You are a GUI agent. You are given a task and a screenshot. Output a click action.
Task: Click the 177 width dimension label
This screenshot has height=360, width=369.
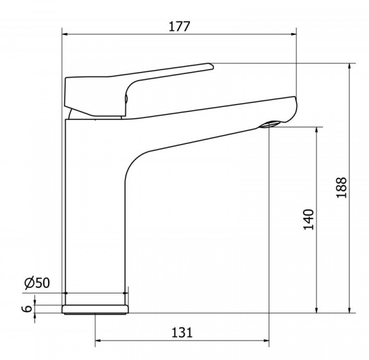pos(179,26)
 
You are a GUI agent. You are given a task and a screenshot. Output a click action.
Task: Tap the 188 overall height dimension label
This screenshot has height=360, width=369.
pos(341,188)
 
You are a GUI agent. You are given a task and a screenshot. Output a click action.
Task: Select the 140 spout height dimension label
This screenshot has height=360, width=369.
pos(309,220)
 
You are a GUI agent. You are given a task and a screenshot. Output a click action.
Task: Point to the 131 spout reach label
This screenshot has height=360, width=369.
pos(182,333)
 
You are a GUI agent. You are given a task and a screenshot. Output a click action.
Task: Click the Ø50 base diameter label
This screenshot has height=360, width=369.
pos(37,283)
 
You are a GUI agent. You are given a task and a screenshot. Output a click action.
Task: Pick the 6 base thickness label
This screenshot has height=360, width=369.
pos(28,309)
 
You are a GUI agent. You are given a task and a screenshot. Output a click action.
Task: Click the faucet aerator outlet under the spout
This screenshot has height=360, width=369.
pos(271,124)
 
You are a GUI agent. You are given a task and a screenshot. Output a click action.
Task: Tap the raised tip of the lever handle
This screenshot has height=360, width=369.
pos(211,66)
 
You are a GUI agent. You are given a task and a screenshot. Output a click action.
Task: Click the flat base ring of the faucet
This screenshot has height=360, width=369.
pos(95,310)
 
